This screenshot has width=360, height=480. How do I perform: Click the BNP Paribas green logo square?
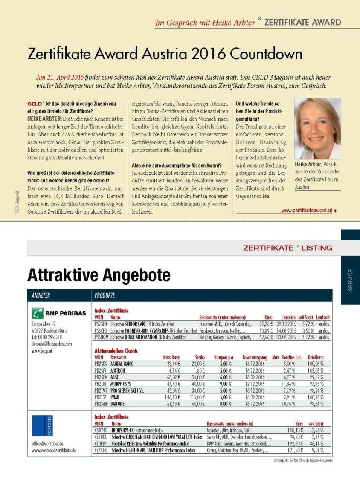[x=38, y=313]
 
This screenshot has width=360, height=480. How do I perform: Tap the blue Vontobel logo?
[x=42, y=425]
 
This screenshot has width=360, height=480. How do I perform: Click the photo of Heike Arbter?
[x=317, y=129]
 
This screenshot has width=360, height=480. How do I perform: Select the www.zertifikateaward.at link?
[x=306, y=210]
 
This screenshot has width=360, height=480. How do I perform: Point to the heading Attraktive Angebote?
[x=99, y=275]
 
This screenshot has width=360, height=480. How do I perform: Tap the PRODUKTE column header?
[x=105, y=295]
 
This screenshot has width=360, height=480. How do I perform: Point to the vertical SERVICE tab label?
[x=351, y=280]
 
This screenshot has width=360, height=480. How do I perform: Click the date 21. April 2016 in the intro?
[x=60, y=78]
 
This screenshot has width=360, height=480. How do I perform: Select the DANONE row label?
[x=119, y=403]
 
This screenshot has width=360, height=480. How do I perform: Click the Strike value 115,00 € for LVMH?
[x=197, y=397]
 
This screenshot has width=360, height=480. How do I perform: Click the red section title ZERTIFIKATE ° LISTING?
[x=287, y=248]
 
